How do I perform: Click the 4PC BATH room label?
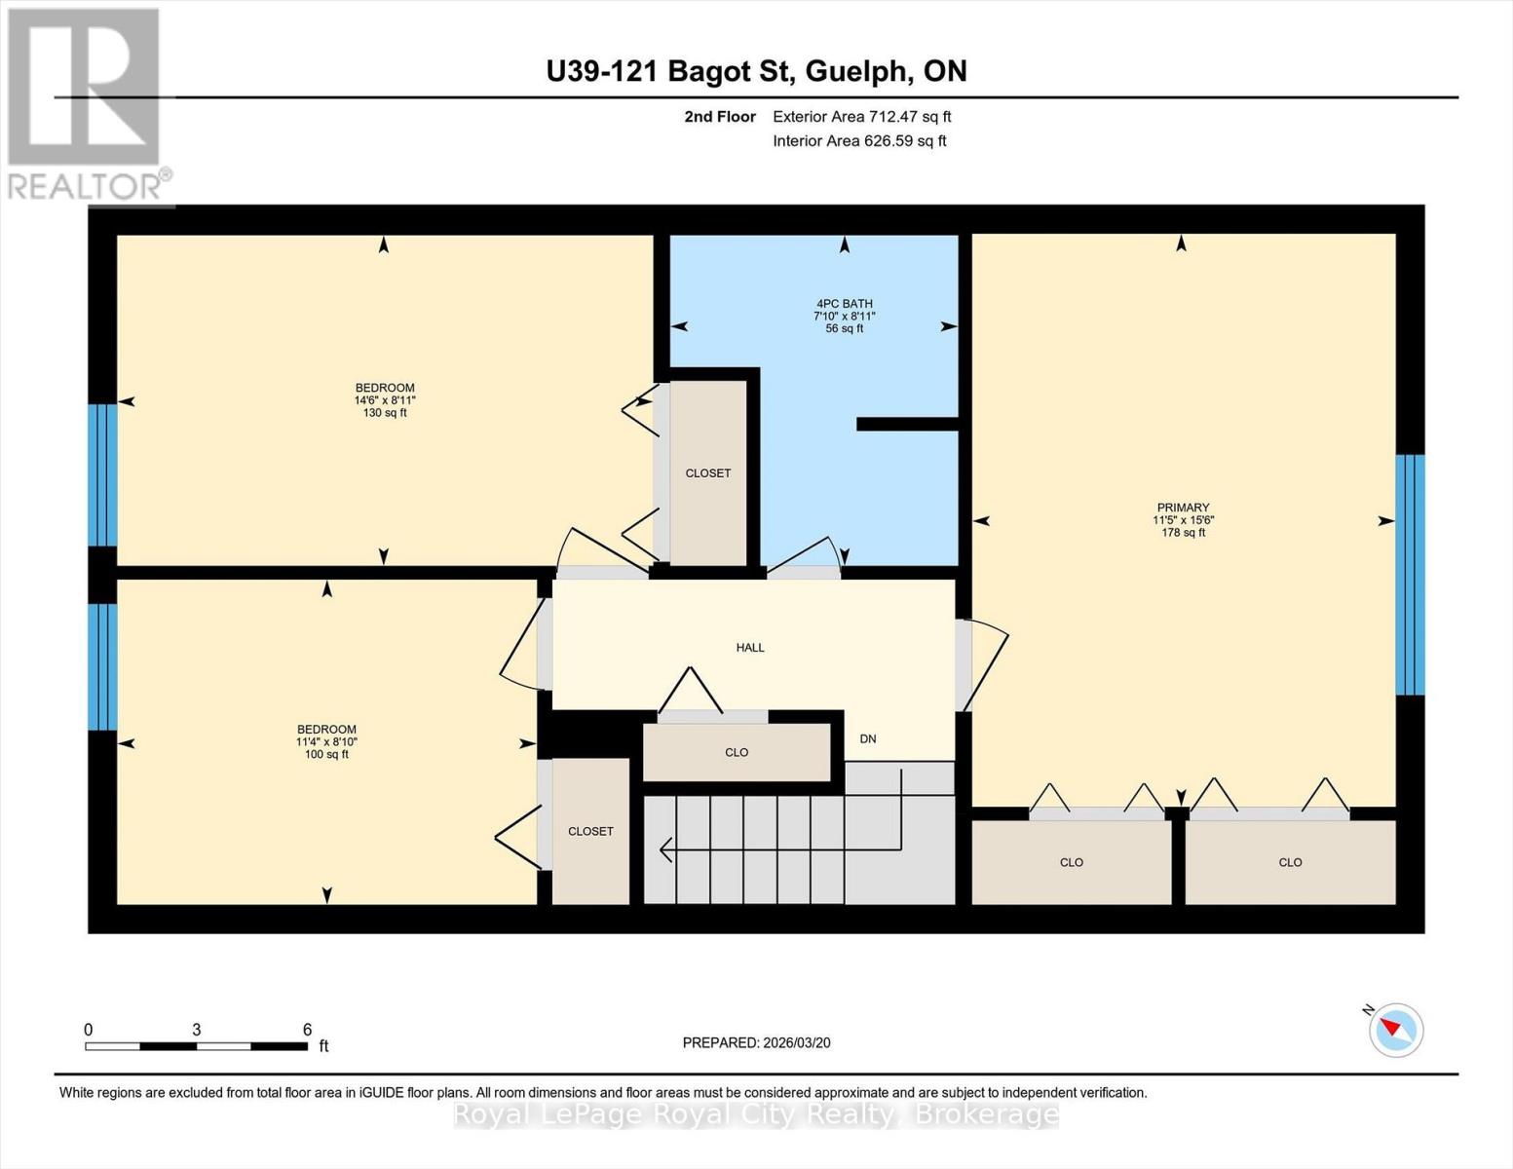[x=844, y=304]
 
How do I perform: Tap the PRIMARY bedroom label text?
[x=1183, y=508]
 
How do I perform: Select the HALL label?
[x=750, y=648]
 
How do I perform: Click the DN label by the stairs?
[x=868, y=739]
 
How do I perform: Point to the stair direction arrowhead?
[x=665, y=849]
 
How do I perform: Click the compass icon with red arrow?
[x=1396, y=1030]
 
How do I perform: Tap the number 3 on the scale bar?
[x=197, y=1030]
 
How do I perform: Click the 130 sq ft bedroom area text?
[x=385, y=413]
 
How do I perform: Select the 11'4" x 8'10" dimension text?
[x=326, y=742]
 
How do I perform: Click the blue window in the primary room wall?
[x=1410, y=575]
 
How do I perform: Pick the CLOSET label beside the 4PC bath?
[x=708, y=473]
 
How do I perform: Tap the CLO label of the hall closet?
[x=737, y=752]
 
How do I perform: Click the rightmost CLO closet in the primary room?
[x=1290, y=862]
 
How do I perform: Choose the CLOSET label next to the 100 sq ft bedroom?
[x=590, y=831]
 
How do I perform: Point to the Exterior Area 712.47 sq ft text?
[x=861, y=117]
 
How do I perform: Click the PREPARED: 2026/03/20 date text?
[x=756, y=1043]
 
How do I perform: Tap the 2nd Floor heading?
[x=720, y=117]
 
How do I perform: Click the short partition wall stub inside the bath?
[x=906, y=424]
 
